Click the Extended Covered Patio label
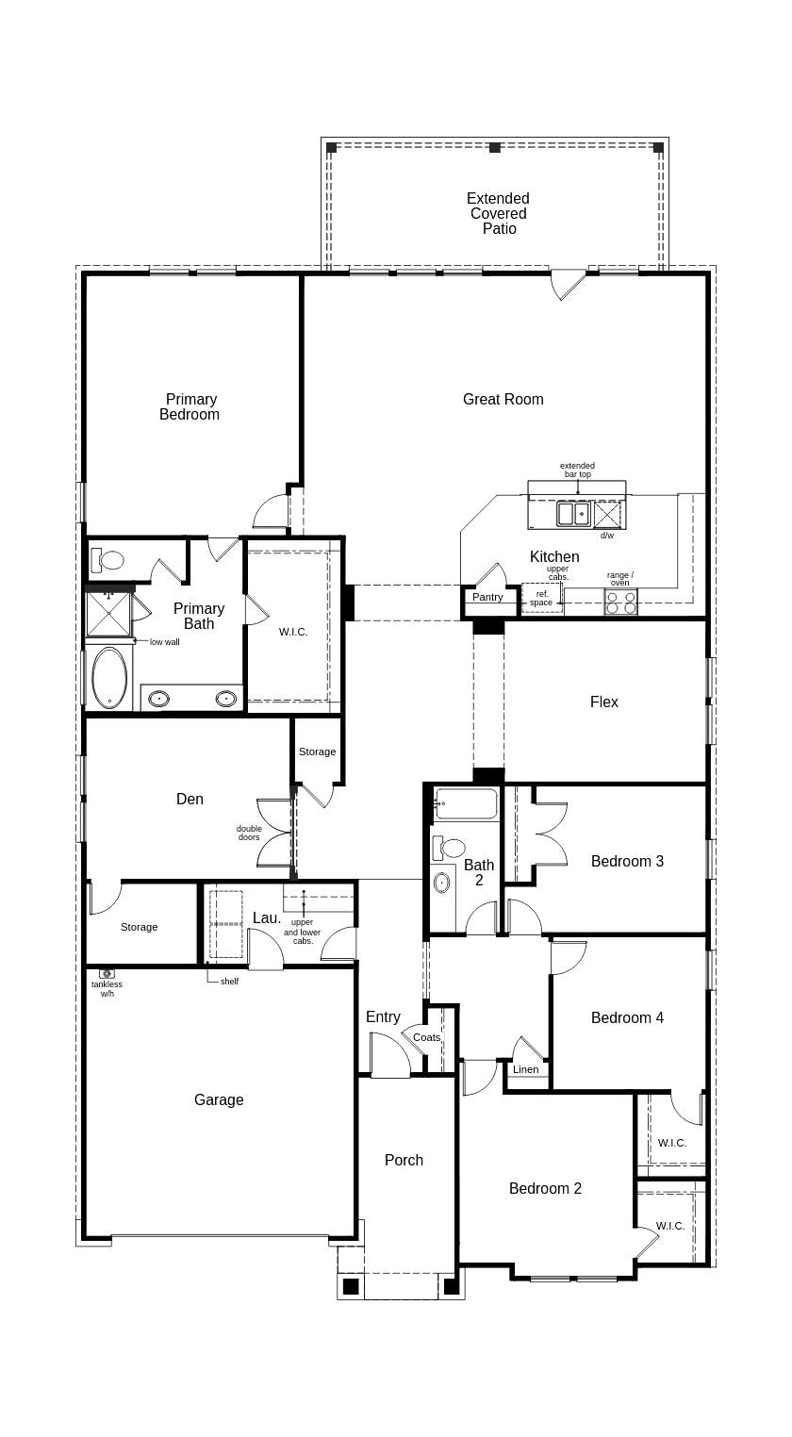point(499,213)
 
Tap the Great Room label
point(503,399)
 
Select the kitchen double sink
point(572,513)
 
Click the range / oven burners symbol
point(620,603)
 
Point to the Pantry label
point(487,597)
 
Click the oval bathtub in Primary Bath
point(108,676)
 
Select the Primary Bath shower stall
point(108,613)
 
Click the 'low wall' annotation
point(164,642)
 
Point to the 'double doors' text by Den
point(249,833)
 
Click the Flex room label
point(603,702)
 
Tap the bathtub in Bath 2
point(467,805)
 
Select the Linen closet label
point(526,1069)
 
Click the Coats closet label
point(426,1037)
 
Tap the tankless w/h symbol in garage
point(107,973)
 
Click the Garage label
point(219,1099)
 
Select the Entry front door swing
point(388,1056)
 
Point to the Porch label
point(404,1160)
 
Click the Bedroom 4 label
point(627,1017)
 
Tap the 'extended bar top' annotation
point(577,470)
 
